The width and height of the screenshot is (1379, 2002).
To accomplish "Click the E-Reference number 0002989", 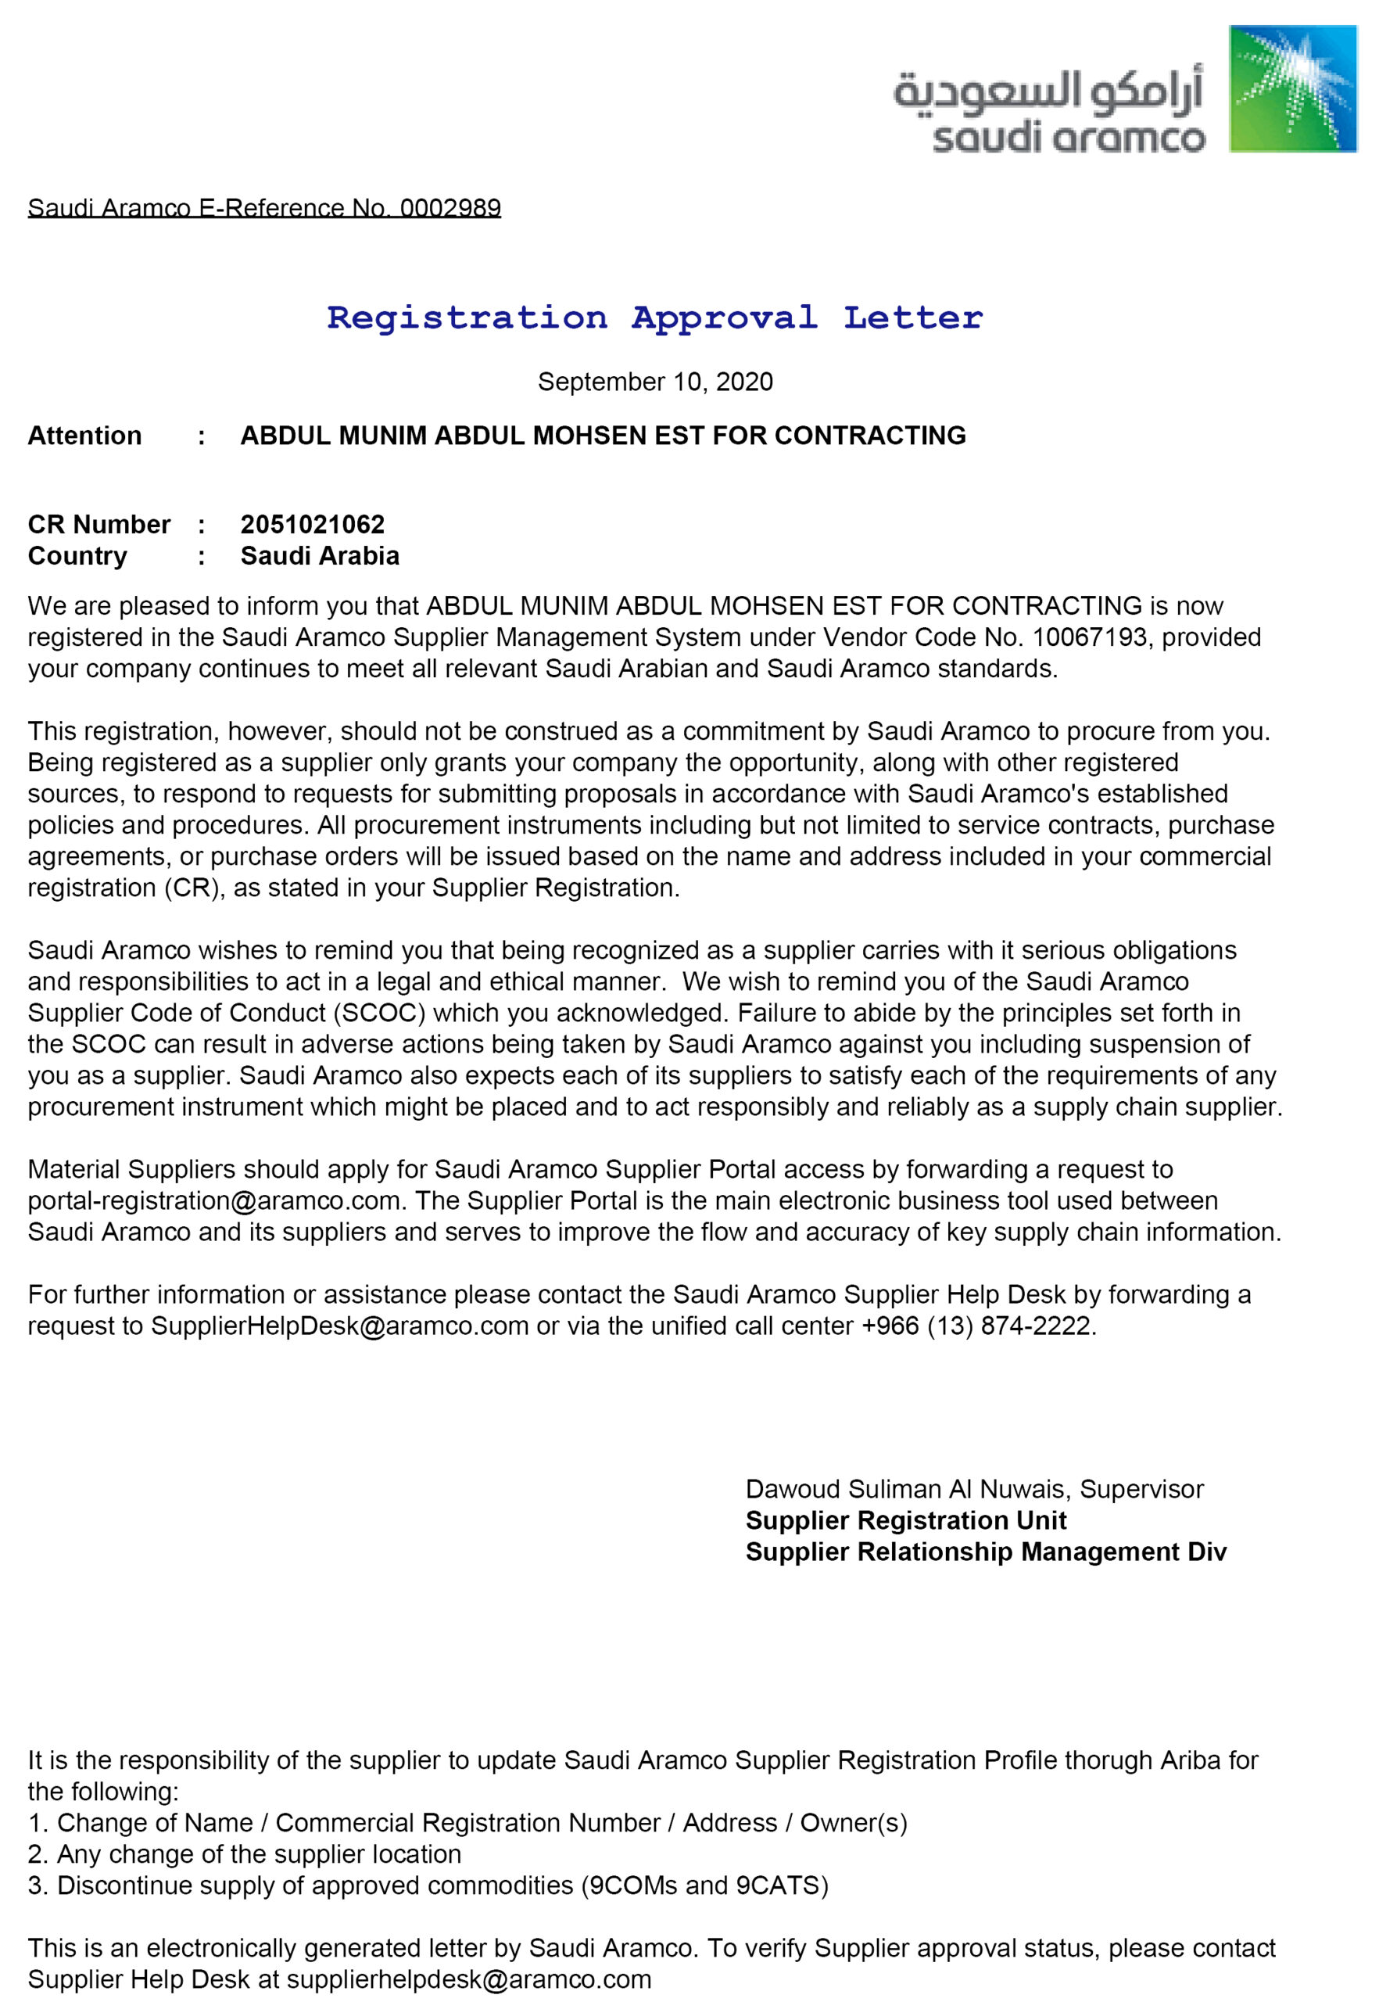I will (450, 208).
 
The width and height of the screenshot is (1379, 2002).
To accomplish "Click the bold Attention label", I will (84, 436).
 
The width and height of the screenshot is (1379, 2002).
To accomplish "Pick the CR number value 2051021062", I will (312, 525).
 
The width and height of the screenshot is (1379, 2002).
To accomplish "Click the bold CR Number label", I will (98, 525).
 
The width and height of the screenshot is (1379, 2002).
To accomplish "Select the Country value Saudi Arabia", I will (320, 556).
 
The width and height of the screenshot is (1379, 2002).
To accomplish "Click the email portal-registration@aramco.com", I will (214, 1200).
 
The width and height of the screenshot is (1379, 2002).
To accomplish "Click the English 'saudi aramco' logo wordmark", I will (1068, 138).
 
